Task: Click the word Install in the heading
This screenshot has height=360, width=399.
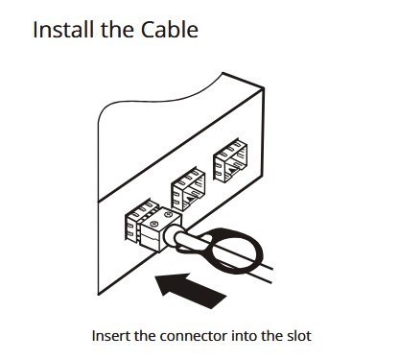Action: coord(64,30)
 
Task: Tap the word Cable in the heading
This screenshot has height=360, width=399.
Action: coord(170,30)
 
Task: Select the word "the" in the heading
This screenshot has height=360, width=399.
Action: coord(118,30)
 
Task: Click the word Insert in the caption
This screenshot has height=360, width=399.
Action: coord(110,336)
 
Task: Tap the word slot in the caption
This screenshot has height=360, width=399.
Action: coord(297,336)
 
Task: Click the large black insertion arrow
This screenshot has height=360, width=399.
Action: coord(191,290)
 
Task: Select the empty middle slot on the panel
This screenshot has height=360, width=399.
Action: coord(188,189)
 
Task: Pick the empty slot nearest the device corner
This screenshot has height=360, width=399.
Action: coord(230,160)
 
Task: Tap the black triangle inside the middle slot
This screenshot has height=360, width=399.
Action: coord(190,200)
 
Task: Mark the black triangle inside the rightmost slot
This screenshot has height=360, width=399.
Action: coord(232,171)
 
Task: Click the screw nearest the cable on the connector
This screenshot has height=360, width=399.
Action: coord(153,224)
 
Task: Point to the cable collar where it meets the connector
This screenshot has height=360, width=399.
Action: coord(171,237)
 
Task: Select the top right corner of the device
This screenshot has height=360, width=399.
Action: coord(264,87)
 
